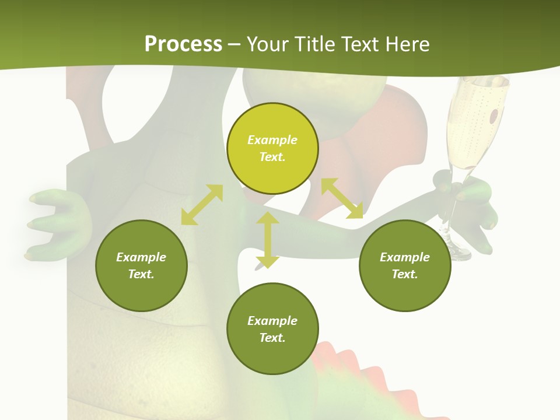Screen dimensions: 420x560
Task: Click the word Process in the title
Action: tap(183, 44)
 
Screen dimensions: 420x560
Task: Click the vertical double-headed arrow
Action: tap(268, 240)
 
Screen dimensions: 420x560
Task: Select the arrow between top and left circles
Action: tap(202, 205)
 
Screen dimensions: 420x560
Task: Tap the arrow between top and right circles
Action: tap(342, 198)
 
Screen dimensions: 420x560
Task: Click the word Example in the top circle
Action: tap(272, 140)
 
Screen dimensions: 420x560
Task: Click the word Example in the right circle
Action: tap(405, 257)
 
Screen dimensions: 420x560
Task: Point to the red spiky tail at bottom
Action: tap(350, 373)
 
